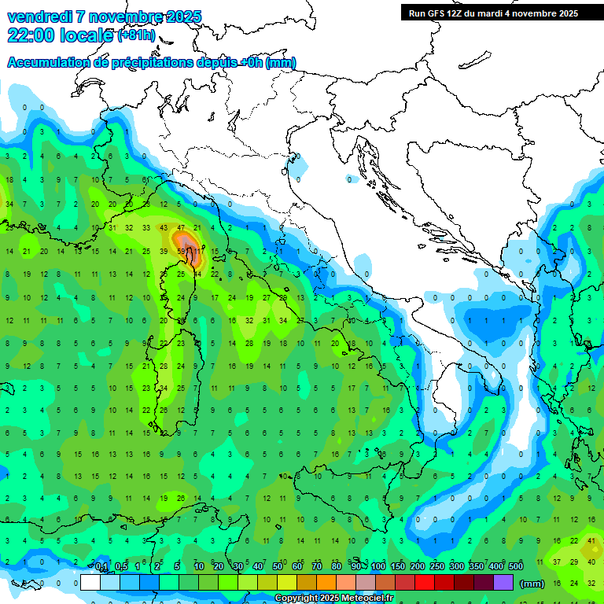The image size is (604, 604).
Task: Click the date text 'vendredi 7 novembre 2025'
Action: pyautogui.click(x=104, y=17)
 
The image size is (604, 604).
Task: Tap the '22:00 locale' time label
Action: pyautogui.click(x=60, y=35)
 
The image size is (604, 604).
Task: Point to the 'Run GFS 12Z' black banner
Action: pyautogui.click(x=493, y=13)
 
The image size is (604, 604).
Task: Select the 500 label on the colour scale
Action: pyautogui.click(x=516, y=566)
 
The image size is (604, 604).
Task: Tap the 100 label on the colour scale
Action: pyautogui.click(x=378, y=566)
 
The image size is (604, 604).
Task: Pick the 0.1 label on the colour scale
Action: pyautogui.click(x=101, y=566)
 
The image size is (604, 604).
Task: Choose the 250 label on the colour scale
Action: pyautogui.click(x=437, y=566)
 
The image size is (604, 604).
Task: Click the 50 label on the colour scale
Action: pyautogui.click(x=278, y=566)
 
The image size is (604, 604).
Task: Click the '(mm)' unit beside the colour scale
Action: pyautogui.click(x=532, y=584)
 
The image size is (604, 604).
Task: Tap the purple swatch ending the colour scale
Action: pyautogui.click(x=503, y=583)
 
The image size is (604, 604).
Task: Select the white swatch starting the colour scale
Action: pyautogui.click(x=90, y=583)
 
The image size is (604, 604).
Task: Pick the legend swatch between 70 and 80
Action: pyautogui.click(x=326, y=583)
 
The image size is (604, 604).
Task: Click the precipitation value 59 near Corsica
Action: pyautogui.click(x=182, y=251)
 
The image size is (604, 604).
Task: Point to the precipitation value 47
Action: pyautogui.click(x=181, y=227)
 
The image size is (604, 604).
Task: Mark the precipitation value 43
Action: pyautogui.click(x=164, y=227)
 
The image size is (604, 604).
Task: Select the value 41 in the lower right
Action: pyautogui.click(x=591, y=540)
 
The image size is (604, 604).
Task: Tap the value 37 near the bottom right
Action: pyautogui.click(x=557, y=562)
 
